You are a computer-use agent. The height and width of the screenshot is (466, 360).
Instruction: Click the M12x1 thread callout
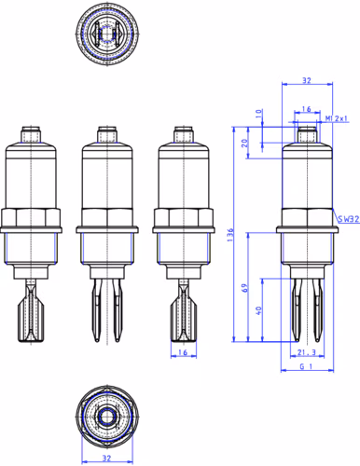click(337, 118)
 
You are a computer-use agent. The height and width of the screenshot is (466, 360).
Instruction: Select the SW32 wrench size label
click(349, 219)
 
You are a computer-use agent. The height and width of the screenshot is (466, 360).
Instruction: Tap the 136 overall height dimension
click(230, 235)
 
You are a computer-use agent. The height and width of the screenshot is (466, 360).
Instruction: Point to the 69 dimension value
click(245, 288)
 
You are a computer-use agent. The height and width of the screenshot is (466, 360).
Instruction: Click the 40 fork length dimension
click(258, 310)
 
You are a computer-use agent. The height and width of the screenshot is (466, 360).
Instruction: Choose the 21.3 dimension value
click(307, 352)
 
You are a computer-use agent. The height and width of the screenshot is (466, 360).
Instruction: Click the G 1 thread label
click(306, 366)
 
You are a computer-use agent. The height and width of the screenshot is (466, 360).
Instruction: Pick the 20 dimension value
click(245, 144)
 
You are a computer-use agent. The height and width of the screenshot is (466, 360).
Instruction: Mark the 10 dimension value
click(258, 114)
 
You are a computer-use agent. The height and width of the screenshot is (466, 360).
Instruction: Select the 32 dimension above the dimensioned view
click(307, 80)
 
